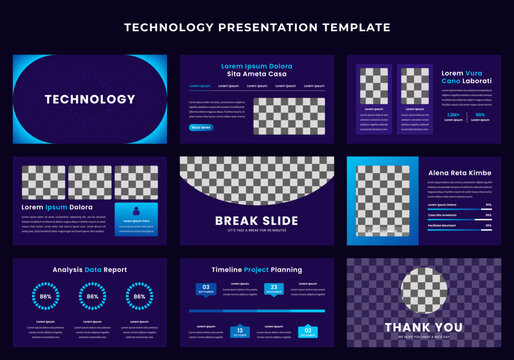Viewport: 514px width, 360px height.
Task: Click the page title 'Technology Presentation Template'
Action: click(x=257, y=27)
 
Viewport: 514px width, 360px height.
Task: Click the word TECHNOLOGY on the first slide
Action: click(x=90, y=99)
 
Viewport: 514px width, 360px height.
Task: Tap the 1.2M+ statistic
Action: click(x=425, y=115)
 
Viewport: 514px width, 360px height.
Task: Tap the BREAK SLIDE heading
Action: click(x=257, y=221)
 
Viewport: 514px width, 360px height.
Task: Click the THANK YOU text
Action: click(x=424, y=327)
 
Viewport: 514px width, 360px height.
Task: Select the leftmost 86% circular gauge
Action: click(x=45, y=297)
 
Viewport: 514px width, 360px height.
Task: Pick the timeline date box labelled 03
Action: click(x=205, y=290)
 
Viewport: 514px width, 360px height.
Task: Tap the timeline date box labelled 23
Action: click(x=274, y=290)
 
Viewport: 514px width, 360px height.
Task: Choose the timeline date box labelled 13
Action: click(x=240, y=331)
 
